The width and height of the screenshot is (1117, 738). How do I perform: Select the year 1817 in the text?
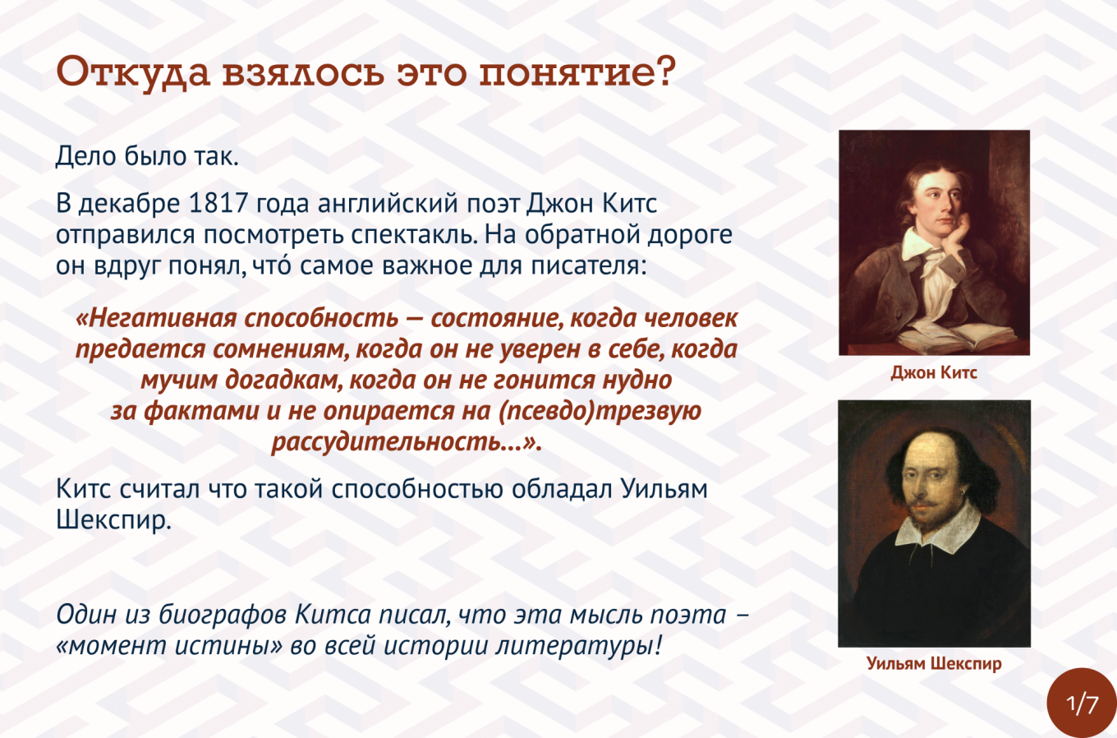(219, 203)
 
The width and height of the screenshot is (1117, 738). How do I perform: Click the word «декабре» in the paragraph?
(129, 203)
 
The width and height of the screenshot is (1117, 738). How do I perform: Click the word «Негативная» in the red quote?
(156, 318)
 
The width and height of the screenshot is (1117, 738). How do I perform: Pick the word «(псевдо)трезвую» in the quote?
(600, 412)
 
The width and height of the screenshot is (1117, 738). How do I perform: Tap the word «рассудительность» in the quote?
(387, 442)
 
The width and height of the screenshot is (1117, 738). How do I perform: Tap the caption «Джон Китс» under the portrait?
(934, 373)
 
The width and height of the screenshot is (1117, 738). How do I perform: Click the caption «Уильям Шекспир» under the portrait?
(934, 664)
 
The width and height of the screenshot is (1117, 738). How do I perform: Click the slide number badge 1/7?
(1083, 703)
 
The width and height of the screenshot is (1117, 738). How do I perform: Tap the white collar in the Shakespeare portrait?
(937, 529)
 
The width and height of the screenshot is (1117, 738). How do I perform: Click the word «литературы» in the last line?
(579, 646)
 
